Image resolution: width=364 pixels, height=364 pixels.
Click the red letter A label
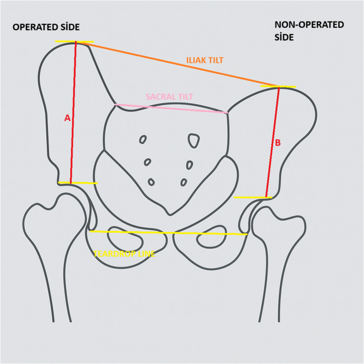[x=68, y=118]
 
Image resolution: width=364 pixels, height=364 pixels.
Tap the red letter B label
[x=278, y=143]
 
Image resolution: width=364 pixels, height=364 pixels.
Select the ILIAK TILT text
[x=205, y=60]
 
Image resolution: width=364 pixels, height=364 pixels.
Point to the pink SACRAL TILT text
[x=169, y=97]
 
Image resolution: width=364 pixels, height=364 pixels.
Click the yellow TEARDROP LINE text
[x=124, y=254]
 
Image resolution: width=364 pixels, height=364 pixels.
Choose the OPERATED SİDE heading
[x=46, y=27]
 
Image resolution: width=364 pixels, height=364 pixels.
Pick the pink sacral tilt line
[x=171, y=109]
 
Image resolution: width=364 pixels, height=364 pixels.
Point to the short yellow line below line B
[x=252, y=197]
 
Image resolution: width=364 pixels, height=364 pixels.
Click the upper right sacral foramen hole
[x=194, y=140]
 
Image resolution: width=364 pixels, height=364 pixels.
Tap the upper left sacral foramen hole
[x=143, y=139]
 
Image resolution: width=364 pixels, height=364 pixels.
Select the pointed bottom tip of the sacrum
[x=170, y=214]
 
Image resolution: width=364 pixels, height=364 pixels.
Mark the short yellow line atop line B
[x=278, y=87]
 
